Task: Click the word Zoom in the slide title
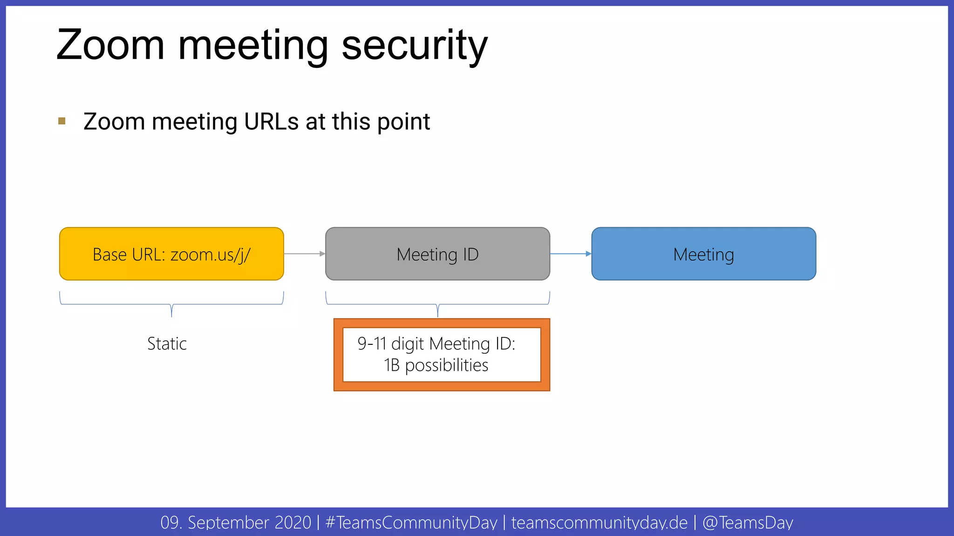click(x=110, y=45)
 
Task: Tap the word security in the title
click(x=415, y=45)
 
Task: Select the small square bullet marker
click(x=62, y=121)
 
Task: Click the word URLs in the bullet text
click(x=271, y=122)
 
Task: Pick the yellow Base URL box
click(x=171, y=254)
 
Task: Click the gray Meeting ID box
click(x=437, y=254)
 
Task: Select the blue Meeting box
click(x=703, y=254)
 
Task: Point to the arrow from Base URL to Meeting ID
click(x=304, y=254)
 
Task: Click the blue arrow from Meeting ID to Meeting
click(x=571, y=254)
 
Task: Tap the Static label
click(x=167, y=344)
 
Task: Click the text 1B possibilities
click(x=436, y=365)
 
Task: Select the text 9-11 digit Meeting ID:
click(x=436, y=344)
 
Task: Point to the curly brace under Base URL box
click(x=171, y=304)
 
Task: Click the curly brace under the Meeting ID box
click(x=437, y=304)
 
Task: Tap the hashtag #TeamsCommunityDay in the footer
click(x=411, y=523)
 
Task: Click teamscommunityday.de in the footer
click(x=599, y=523)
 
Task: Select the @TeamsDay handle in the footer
click(x=748, y=523)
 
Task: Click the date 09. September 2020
click(x=236, y=523)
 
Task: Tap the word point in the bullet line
click(x=403, y=122)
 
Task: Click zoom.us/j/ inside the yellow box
click(x=211, y=255)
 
